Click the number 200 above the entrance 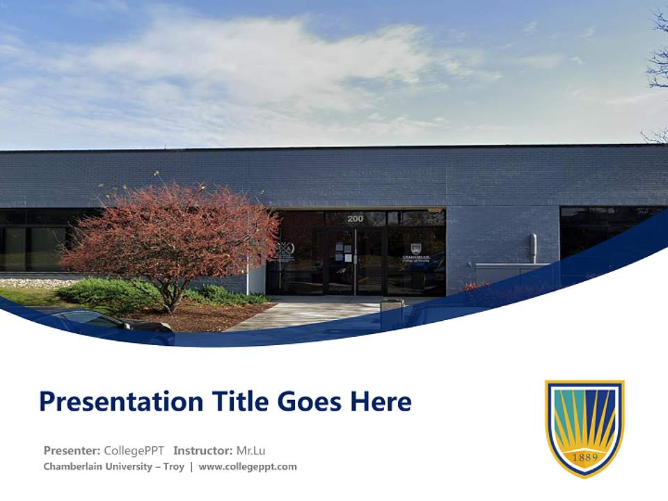pyautogui.click(x=355, y=218)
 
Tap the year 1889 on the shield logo pyautogui.click(x=584, y=456)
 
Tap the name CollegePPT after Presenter pyautogui.click(x=134, y=450)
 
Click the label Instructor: pyautogui.click(x=202, y=450)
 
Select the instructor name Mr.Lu pyautogui.click(x=250, y=450)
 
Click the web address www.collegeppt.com pyautogui.click(x=248, y=466)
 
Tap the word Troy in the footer pyautogui.click(x=173, y=466)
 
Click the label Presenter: pyautogui.click(x=72, y=450)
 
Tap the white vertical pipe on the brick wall pyautogui.click(x=534, y=248)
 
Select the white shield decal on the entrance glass pyautogui.click(x=415, y=248)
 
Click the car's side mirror pyautogui.click(x=127, y=324)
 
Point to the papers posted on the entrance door pyautogui.click(x=341, y=252)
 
